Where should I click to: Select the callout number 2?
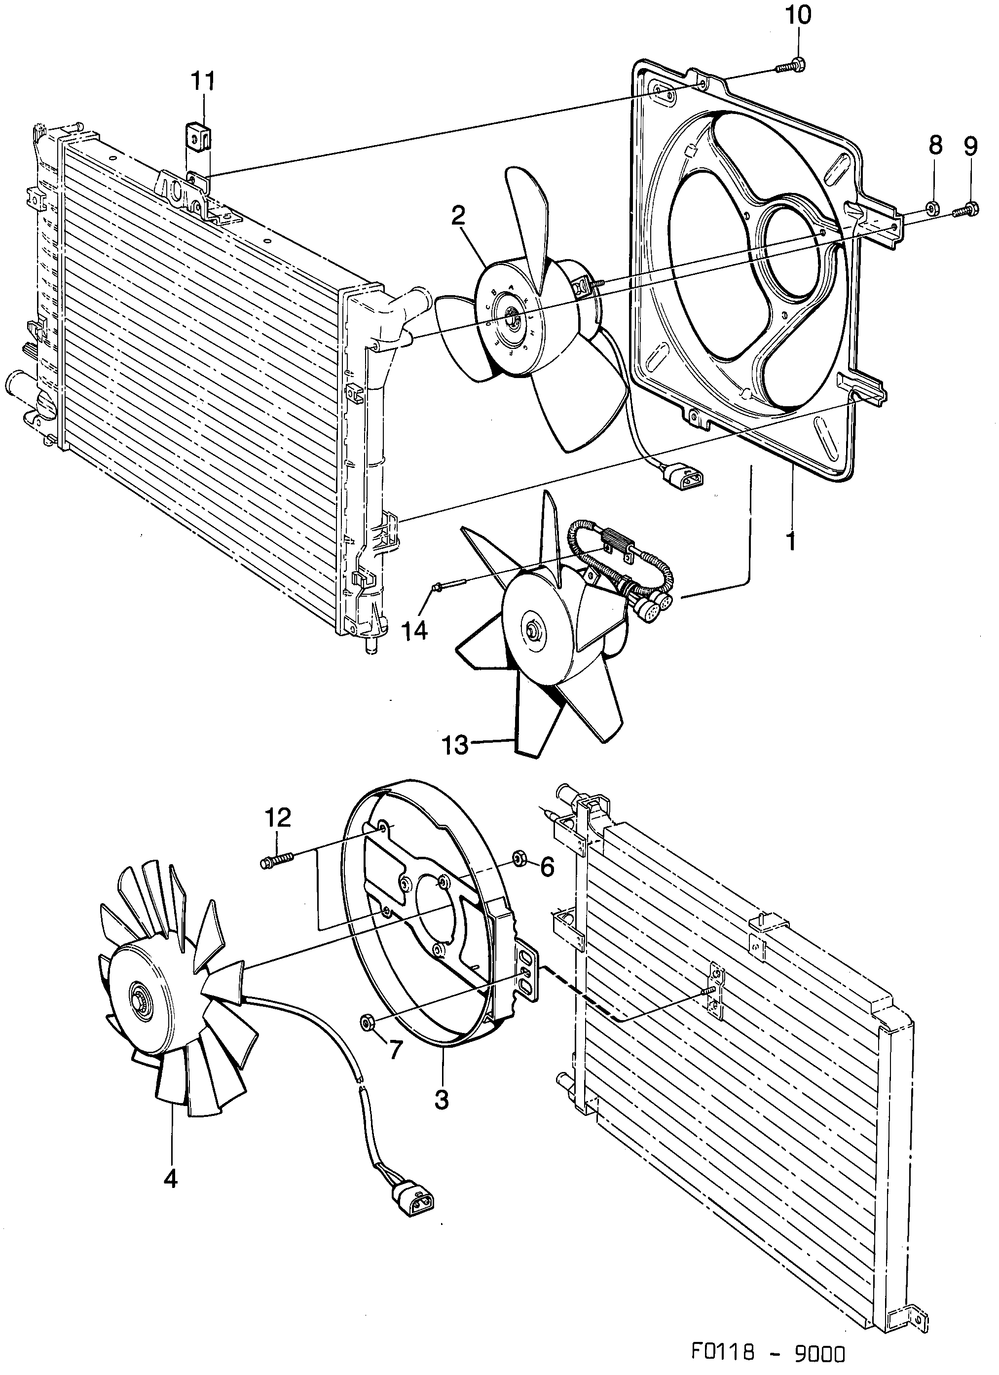[x=458, y=216]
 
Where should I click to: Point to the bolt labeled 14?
[x=448, y=586]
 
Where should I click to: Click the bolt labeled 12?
[x=277, y=861]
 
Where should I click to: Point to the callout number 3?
[x=442, y=1098]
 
